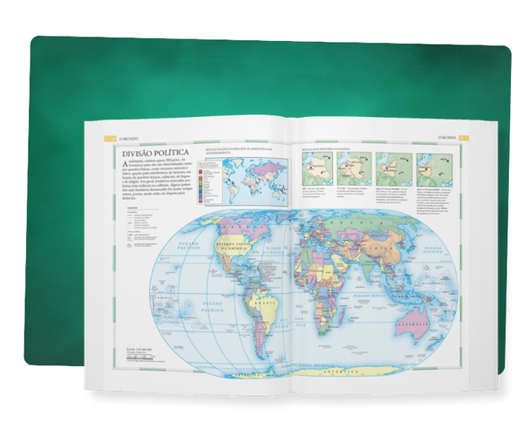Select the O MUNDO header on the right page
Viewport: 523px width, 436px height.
tap(445, 137)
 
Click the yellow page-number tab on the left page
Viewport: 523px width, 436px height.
tap(102, 137)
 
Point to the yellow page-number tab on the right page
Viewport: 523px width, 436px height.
tap(463, 137)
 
